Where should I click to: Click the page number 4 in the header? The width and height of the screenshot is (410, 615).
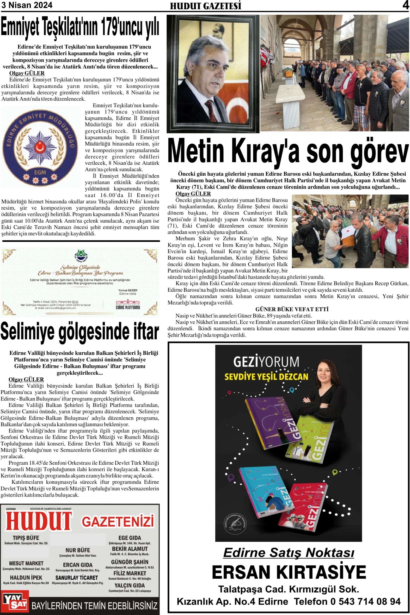coord(405,5)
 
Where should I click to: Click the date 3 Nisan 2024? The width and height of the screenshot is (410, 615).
coord(27,5)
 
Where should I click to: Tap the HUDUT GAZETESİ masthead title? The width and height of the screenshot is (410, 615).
coord(206,6)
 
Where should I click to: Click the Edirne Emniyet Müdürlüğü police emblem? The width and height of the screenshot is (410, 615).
coord(41,148)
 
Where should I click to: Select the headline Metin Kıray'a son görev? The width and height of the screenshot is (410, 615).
coord(288,151)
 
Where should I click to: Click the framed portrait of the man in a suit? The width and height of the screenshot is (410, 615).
coord(213,74)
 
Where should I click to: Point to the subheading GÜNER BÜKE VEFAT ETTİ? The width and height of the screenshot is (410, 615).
coord(292,309)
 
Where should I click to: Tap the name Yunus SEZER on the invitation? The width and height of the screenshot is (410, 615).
coord(128,290)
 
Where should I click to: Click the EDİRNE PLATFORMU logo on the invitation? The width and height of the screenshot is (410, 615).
coord(128,305)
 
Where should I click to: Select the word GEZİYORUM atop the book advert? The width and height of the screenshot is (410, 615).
coord(266,362)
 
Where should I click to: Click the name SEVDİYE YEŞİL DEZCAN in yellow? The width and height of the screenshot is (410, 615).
coord(266,376)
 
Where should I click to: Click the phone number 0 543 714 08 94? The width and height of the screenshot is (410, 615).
coord(365,601)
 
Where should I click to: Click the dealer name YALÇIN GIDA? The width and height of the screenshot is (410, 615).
coord(129,585)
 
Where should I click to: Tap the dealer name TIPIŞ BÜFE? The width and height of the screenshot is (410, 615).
coord(26,538)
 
